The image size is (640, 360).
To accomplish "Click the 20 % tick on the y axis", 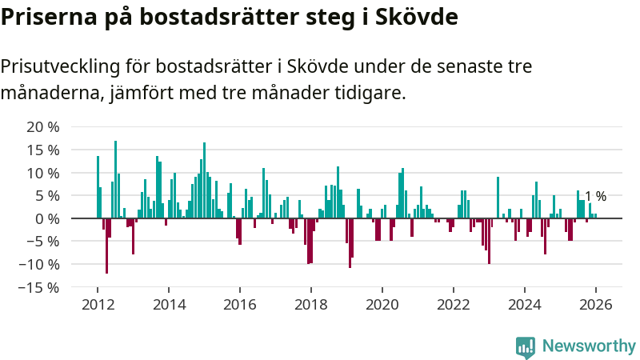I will tap(42, 127).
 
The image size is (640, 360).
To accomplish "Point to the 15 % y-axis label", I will tap(42, 150).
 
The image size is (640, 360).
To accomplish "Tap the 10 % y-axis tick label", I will tap(42, 173).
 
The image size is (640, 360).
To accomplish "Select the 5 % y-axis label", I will tap(46, 196).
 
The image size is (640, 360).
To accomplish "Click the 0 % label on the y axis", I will tap(46, 218).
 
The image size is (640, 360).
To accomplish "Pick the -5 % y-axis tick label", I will tap(42, 242).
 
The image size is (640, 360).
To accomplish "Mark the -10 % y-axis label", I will tap(38, 264).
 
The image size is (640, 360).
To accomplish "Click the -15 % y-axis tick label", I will tap(38, 287).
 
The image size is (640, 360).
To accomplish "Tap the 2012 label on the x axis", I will tap(98, 305).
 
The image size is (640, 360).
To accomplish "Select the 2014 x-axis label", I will tap(169, 305).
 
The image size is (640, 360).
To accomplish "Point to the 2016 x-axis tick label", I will tap(240, 305).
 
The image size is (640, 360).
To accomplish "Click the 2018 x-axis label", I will tap(311, 305).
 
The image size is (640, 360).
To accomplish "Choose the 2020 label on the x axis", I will tap(382, 305).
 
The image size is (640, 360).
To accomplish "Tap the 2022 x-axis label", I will tap(454, 305).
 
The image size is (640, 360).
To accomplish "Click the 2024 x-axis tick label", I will tap(525, 305).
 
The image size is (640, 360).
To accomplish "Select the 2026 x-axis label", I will tap(596, 305).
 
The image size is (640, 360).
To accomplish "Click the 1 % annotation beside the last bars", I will tap(595, 196).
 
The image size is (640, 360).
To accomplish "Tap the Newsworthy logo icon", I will tap(526, 346).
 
